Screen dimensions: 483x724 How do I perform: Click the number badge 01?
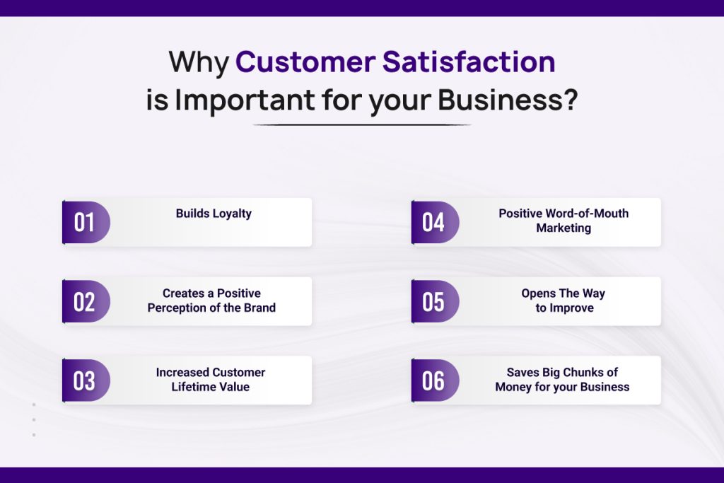tap(85, 222)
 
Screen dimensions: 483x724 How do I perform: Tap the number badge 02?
tap(85, 301)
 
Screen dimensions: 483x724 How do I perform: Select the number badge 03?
tap(85, 380)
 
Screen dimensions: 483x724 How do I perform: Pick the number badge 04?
tap(433, 222)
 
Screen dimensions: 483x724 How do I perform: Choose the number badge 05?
tap(433, 301)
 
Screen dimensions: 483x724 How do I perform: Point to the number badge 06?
tap(433, 380)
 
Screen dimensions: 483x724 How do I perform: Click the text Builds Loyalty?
tap(214, 213)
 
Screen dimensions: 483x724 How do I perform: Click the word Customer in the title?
tap(305, 62)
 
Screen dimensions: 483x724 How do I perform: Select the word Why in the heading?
tap(198, 62)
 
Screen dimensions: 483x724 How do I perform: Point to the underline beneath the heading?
tap(361, 125)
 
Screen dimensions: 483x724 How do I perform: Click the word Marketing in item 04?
tap(564, 228)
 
